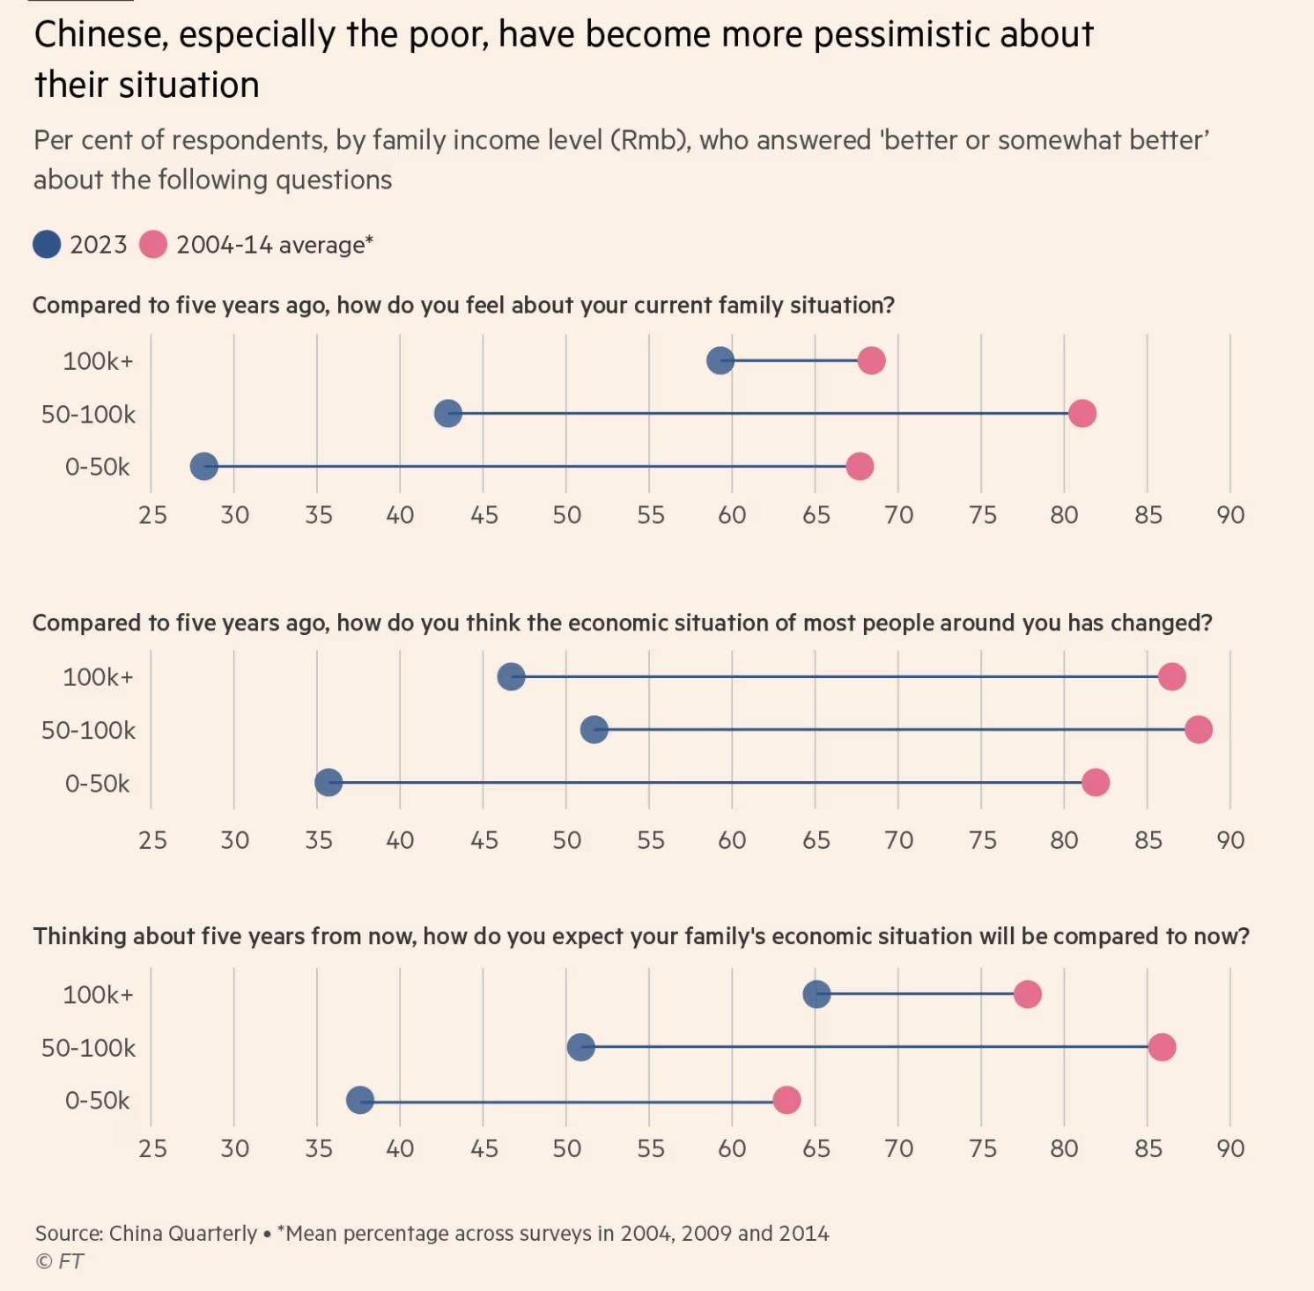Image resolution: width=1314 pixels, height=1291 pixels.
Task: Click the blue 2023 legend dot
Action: [x=47, y=244]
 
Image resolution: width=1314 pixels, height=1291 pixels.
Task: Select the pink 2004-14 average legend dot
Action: [x=153, y=244]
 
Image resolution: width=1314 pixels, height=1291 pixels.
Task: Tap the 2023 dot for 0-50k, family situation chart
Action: [x=203, y=467]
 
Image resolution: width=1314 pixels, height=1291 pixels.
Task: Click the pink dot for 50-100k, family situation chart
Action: [x=1081, y=413]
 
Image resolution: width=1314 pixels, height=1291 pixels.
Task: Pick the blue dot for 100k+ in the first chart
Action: [x=720, y=360]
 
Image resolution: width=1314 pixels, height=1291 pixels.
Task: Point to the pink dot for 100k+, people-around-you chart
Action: [x=1171, y=676]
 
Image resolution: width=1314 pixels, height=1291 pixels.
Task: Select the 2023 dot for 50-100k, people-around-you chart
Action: [x=594, y=729]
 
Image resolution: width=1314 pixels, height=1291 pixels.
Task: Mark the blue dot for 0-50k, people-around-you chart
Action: [x=328, y=782]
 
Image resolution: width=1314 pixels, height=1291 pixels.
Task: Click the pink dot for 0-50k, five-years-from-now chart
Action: [x=786, y=1100]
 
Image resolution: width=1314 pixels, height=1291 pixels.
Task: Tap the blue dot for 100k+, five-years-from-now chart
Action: [x=816, y=994]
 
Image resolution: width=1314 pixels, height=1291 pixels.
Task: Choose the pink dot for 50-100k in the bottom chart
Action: [x=1162, y=1047]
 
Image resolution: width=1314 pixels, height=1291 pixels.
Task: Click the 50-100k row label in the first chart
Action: [x=89, y=414]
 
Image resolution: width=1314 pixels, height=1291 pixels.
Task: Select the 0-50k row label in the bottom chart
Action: [x=97, y=1101]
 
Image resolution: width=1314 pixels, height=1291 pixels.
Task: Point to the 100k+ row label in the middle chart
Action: [x=98, y=677]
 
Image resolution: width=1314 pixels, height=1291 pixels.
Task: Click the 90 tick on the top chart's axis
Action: [x=1230, y=515]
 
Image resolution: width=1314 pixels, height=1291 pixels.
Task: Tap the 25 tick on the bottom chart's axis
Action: [x=152, y=1148]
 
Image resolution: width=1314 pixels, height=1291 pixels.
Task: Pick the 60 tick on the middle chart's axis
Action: [x=732, y=840]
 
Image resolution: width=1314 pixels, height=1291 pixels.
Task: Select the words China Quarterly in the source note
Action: [x=183, y=1233]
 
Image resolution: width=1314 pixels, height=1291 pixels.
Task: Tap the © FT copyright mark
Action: [x=59, y=1261]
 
